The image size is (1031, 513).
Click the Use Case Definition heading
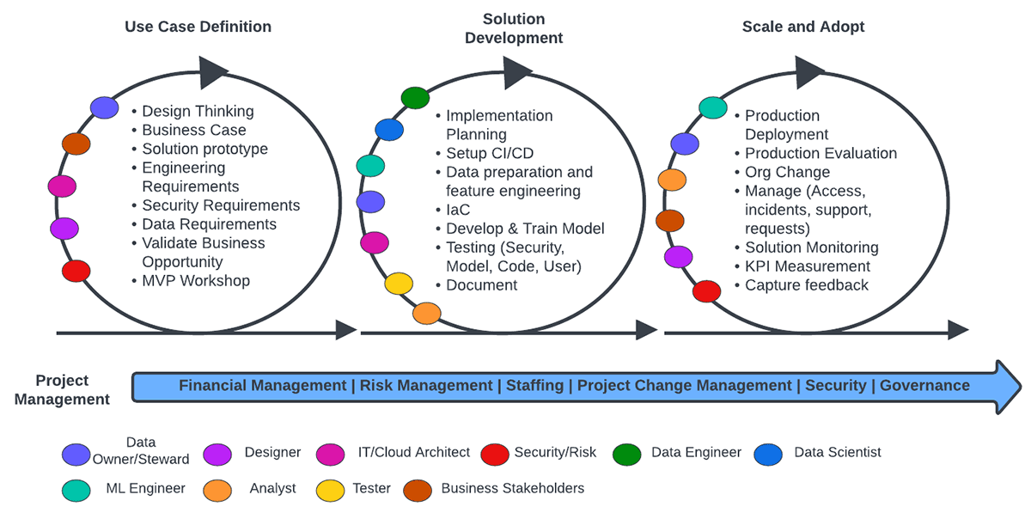click(198, 27)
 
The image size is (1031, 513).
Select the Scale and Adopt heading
click(803, 27)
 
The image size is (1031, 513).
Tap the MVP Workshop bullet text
click(196, 281)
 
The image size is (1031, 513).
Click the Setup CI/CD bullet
click(490, 153)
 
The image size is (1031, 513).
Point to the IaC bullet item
click(458, 210)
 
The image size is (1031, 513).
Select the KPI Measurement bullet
click(808, 266)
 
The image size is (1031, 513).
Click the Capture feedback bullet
click(807, 285)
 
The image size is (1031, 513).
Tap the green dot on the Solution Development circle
click(415, 98)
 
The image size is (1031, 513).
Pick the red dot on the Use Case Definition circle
click(76, 272)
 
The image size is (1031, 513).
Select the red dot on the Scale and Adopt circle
click(706, 291)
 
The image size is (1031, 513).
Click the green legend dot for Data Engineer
click(626, 454)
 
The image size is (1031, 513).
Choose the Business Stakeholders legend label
click(512, 488)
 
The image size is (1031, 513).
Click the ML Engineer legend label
click(145, 488)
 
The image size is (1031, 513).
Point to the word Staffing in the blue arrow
click(534, 386)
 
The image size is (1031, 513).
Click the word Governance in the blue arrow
click(924, 386)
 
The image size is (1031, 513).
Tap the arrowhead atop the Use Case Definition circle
click(212, 73)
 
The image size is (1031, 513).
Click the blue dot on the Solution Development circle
click(389, 130)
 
